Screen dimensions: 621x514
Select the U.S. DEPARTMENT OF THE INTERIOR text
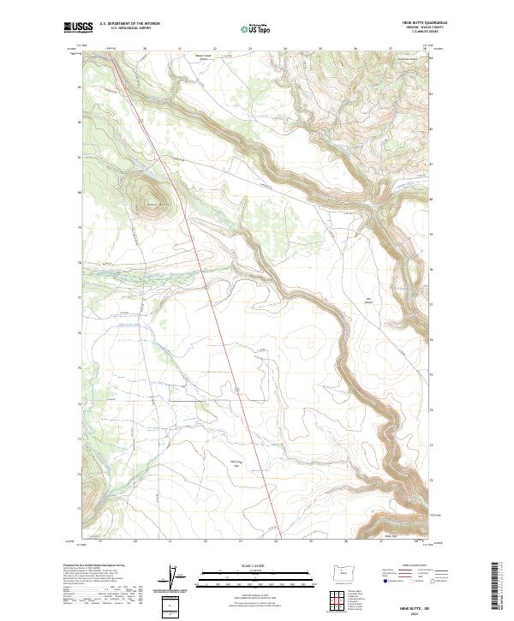[x=129, y=24]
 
